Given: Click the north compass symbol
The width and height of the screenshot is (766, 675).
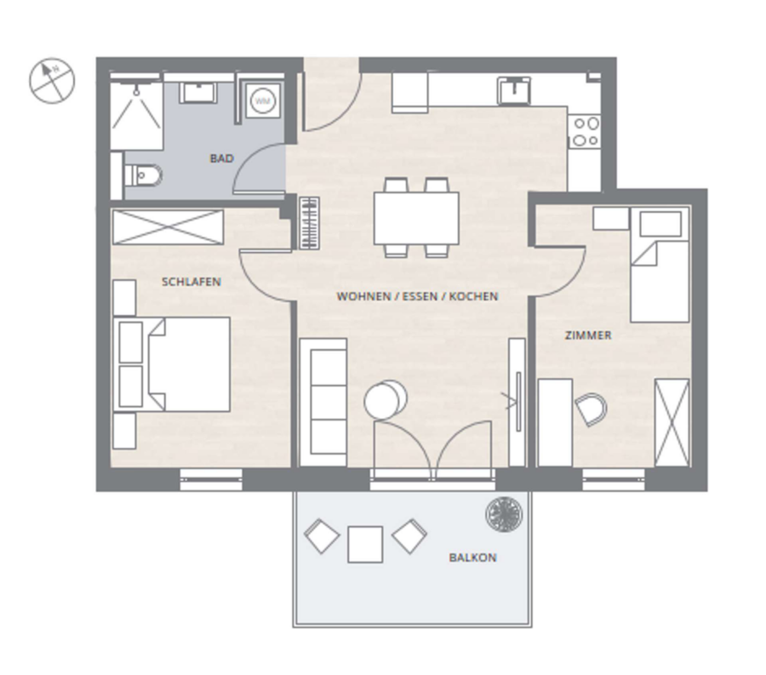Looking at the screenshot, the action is (x=52, y=81).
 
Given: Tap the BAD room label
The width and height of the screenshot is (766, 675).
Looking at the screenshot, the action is (x=222, y=158).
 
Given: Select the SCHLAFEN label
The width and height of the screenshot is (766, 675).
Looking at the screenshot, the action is (x=191, y=282).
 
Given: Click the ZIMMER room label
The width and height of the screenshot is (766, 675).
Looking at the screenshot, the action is (x=588, y=335).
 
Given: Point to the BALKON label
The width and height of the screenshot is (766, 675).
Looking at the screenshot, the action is (x=473, y=558).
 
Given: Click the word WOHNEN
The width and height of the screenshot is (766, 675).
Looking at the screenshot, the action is (x=364, y=296).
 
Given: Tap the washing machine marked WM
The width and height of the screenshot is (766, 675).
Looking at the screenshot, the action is (x=263, y=101).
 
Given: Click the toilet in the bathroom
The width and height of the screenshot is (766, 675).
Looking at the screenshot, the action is (x=143, y=176).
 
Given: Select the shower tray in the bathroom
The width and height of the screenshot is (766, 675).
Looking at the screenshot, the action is (x=136, y=116).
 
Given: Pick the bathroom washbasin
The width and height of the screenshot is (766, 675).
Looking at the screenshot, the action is (x=197, y=92).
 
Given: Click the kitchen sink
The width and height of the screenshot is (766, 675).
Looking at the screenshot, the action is (x=514, y=91).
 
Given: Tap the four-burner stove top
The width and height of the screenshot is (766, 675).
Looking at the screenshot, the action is (x=586, y=132).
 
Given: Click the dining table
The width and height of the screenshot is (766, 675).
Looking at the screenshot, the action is (x=416, y=218).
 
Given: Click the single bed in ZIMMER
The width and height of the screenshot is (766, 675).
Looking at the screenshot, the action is (x=660, y=264).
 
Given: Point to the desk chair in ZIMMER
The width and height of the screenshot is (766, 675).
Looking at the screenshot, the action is (x=592, y=409).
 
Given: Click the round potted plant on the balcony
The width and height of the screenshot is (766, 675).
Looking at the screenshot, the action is (x=504, y=514).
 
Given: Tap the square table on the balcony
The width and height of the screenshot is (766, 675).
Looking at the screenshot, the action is (x=365, y=544).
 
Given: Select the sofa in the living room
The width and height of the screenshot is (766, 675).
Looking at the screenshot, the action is (x=323, y=402).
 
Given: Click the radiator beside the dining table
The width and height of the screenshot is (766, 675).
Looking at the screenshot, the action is (x=309, y=223).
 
